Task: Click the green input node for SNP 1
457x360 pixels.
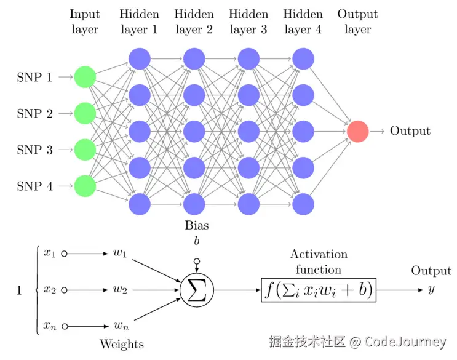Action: (x=85, y=78)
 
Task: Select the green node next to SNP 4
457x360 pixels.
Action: (x=85, y=186)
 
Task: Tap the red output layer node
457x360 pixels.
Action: (x=357, y=131)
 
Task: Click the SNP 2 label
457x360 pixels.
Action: (x=34, y=114)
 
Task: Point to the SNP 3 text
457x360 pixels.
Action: (x=34, y=150)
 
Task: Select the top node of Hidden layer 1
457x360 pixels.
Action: (x=140, y=59)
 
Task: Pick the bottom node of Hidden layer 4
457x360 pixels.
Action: (x=303, y=203)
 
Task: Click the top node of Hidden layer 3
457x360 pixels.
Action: (x=248, y=59)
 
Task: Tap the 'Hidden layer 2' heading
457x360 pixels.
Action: (x=194, y=22)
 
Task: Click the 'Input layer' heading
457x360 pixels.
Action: (x=84, y=22)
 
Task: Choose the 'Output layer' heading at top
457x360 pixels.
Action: (x=357, y=22)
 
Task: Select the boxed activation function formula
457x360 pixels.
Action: (x=319, y=290)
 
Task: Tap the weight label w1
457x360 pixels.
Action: (x=121, y=254)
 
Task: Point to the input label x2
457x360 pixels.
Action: (x=50, y=290)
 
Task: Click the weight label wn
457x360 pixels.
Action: (x=121, y=326)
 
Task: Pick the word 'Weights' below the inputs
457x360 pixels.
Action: (x=122, y=343)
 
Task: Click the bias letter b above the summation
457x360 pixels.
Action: (x=197, y=241)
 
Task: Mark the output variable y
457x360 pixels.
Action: (x=431, y=290)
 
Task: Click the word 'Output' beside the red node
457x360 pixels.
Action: (x=410, y=131)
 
